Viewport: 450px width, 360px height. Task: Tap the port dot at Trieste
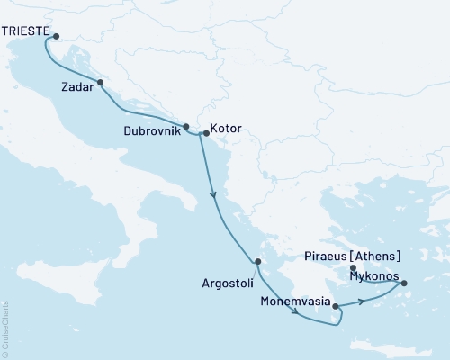click(56, 37)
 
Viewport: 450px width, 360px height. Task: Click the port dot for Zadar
click(100, 83)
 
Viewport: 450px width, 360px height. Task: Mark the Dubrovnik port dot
click(186, 127)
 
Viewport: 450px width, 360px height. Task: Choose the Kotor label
click(225, 129)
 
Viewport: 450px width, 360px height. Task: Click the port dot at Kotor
click(206, 135)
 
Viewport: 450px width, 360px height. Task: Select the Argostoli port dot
click(257, 262)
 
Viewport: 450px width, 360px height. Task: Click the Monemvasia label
click(295, 302)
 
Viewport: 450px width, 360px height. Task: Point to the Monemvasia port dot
click(337, 307)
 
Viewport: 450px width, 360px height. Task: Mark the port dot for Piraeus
click(353, 267)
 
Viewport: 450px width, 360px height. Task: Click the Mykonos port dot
click(403, 284)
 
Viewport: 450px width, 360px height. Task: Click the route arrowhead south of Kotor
click(214, 195)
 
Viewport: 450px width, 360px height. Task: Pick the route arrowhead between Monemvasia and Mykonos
click(361, 301)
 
